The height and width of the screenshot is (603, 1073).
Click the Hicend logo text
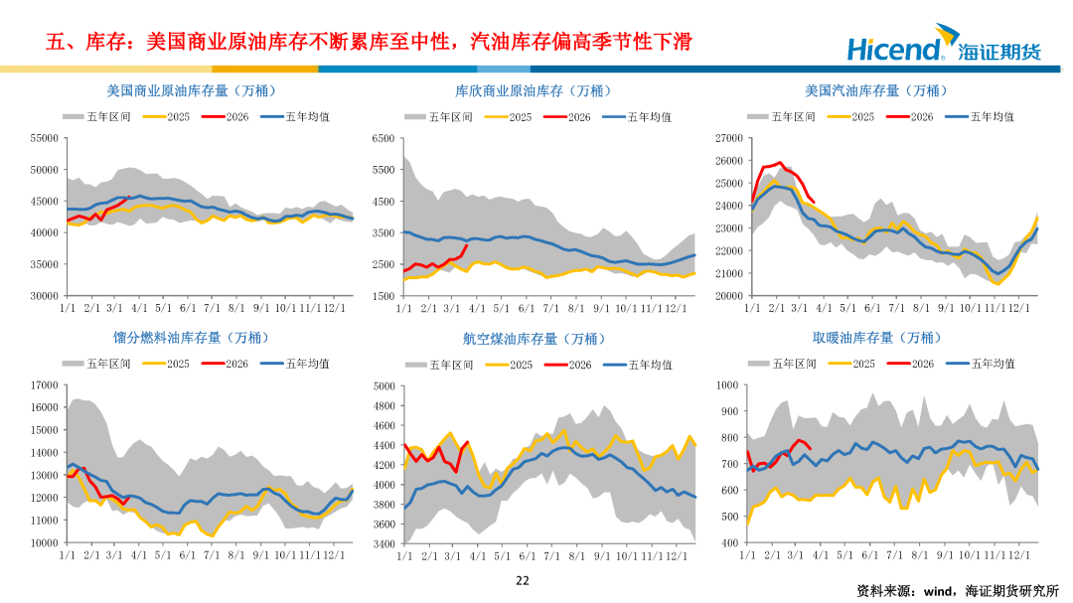(x=893, y=48)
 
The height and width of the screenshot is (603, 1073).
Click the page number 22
(x=523, y=581)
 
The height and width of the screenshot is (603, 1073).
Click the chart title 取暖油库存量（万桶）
(x=876, y=338)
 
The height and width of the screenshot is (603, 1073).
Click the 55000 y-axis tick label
(x=45, y=138)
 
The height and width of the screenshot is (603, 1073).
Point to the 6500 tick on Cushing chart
(x=383, y=138)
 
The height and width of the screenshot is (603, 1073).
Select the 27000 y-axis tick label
(x=728, y=138)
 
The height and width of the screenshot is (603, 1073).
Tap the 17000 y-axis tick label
(x=45, y=384)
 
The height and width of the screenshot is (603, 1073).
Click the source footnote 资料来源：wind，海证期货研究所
(x=959, y=590)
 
